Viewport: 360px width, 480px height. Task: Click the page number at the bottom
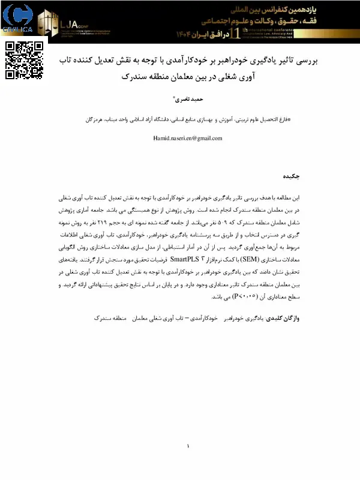188,446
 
